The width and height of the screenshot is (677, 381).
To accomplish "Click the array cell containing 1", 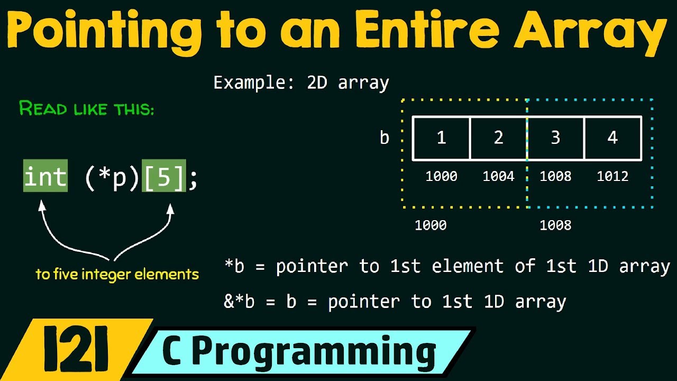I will pyautogui.click(x=441, y=138).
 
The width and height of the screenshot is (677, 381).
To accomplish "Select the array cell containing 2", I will pyautogui.click(x=498, y=138).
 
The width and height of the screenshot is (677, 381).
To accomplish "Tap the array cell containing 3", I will pyautogui.click(x=555, y=138).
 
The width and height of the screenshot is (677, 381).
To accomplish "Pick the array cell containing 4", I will pyautogui.click(x=612, y=138).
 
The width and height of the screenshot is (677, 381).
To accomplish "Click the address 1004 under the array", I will pyautogui.click(x=498, y=176).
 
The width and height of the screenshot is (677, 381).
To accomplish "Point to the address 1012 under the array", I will pyautogui.click(x=612, y=176).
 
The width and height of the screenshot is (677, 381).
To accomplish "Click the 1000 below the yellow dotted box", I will pyautogui.click(x=431, y=225).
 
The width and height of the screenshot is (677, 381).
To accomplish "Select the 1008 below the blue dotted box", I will pyautogui.click(x=555, y=225).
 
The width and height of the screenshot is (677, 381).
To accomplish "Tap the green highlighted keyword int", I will pyautogui.click(x=45, y=176).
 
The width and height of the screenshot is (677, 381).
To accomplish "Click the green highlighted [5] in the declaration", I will pyautogui.click(x=164, y=176).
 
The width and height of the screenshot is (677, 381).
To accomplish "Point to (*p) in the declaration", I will pyautogui.click(x=112, y=176).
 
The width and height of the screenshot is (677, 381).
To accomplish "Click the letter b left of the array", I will pyautogui.click(x=385, y=138).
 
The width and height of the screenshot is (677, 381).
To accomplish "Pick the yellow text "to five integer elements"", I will pyautogui.click(x=117, y=274).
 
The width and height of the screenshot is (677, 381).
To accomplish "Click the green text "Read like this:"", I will pyautogui.click(x=87, y=109).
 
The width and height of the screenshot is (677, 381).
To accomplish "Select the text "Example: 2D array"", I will pyautogui.click(x=301, y=83).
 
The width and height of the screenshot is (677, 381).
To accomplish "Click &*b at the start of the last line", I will pyautogui.click(x=240, y=302).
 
